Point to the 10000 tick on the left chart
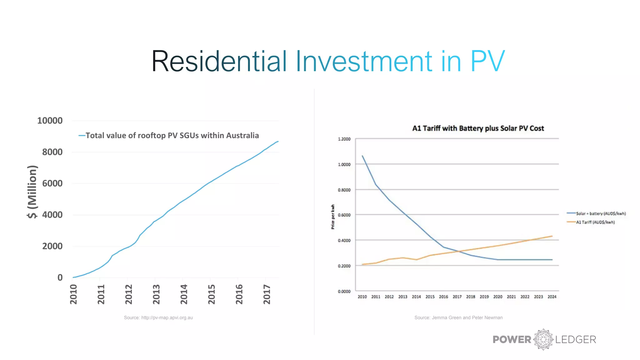[50, 121]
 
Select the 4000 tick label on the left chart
[52, 215]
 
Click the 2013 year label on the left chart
[156, 294]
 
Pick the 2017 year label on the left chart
[267, 294]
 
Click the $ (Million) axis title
[32, 192]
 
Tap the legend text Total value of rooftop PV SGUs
[172, 135]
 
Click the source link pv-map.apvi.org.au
[158, 317]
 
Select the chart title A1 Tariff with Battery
[478, 128]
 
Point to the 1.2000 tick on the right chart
[344, 139]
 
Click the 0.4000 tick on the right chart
[344, 240]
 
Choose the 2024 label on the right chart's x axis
[552, 297]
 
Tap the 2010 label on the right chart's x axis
[362, 297]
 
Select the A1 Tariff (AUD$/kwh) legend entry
[595, 222]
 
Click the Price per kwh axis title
[333, 217]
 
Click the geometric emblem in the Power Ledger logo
[543, 339]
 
